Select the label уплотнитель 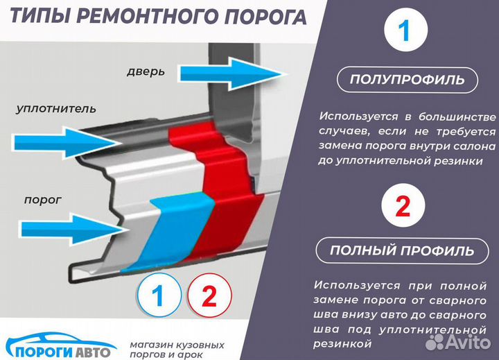pos(56,109)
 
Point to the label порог pos(43,200)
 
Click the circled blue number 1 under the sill pos(157,297)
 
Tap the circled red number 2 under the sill pos(209,297)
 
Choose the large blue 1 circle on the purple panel pos(405,32)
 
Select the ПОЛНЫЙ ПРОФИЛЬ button pos(403,250)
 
